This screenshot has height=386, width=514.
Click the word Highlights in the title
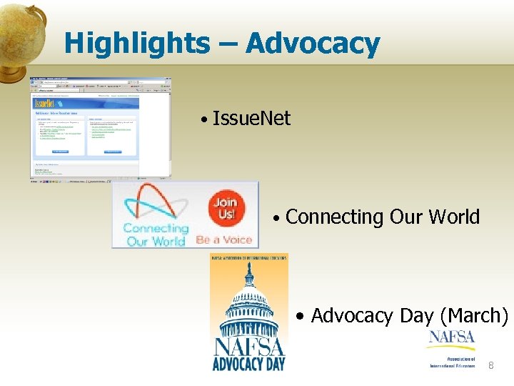coord(136,44)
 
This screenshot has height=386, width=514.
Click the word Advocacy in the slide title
coord(313,44)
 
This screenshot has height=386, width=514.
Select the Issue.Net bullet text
coord(251,118)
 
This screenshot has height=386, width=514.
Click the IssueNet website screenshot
coord(100,127)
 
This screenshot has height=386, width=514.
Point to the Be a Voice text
coord(223,239)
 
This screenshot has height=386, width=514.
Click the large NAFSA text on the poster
coord(249,345)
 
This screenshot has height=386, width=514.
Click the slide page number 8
coord(490,366)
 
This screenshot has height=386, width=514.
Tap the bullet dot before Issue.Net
coord(204,119)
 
